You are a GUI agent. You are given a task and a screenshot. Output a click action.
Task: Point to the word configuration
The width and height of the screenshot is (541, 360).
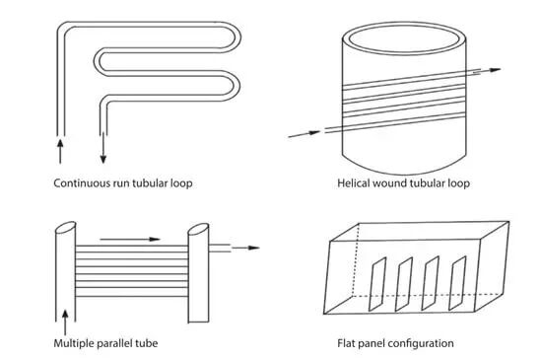[421, 344]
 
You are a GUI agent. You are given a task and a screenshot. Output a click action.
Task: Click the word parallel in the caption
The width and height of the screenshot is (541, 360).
[114, 343]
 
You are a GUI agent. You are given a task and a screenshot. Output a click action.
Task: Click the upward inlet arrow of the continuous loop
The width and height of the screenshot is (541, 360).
[60, 151]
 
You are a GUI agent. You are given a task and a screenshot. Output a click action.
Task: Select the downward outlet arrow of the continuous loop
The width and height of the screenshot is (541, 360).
[102, 148]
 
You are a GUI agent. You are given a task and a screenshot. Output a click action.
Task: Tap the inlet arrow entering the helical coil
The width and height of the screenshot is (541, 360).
[304, 134]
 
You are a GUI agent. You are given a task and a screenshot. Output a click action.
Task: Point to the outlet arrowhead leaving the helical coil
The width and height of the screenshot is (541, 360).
[496, 70]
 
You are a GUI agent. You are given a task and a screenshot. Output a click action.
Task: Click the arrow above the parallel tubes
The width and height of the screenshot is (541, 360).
[130, 239]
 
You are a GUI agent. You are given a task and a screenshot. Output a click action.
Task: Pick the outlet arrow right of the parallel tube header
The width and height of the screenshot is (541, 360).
[245, 248]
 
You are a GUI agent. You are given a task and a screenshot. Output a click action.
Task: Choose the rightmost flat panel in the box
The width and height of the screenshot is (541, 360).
[457, 283]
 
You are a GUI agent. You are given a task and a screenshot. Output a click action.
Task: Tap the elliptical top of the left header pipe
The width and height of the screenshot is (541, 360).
[66, 228]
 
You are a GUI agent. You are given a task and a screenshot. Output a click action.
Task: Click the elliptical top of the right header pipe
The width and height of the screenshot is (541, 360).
[198, 230]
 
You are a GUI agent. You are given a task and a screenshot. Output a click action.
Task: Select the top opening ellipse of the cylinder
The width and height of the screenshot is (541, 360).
[404, 37]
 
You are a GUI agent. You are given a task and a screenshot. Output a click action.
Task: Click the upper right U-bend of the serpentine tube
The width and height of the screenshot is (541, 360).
[237, 37]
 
